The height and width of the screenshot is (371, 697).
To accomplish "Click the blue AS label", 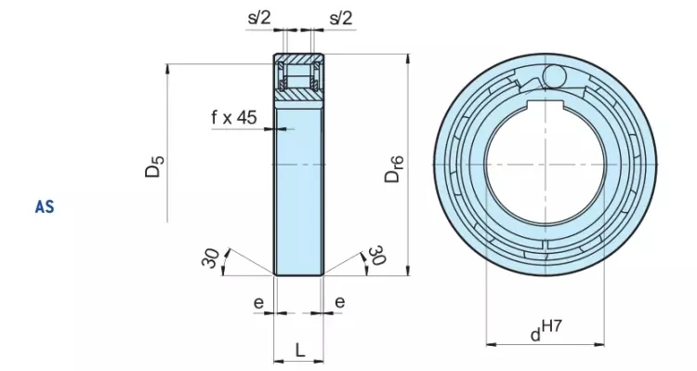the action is pyautogui.click(x=45, y=207).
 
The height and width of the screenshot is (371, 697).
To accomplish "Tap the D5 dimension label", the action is pyautogui.click(x=154, y=166).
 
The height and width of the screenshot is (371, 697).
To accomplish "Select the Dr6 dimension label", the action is pyautogui.click(x=394, y=169).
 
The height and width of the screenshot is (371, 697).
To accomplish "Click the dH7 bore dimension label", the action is pyautogui.click(x=546, y=330).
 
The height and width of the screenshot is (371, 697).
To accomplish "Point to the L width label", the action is pyautogui.click(x=300, y=351).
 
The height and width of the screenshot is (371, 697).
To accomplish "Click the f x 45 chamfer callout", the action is pyautogui.click(x=234, y=117).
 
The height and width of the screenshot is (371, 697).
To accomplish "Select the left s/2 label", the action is pyautogui.click(x=259, y=18).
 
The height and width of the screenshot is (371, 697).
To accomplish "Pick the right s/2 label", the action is pyautogui.click(x=341, y=18).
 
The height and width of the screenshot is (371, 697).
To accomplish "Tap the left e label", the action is pyautogui.click(x=258, y=303).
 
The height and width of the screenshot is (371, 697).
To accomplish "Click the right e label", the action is pyautogui.click(x=339, y=302).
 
